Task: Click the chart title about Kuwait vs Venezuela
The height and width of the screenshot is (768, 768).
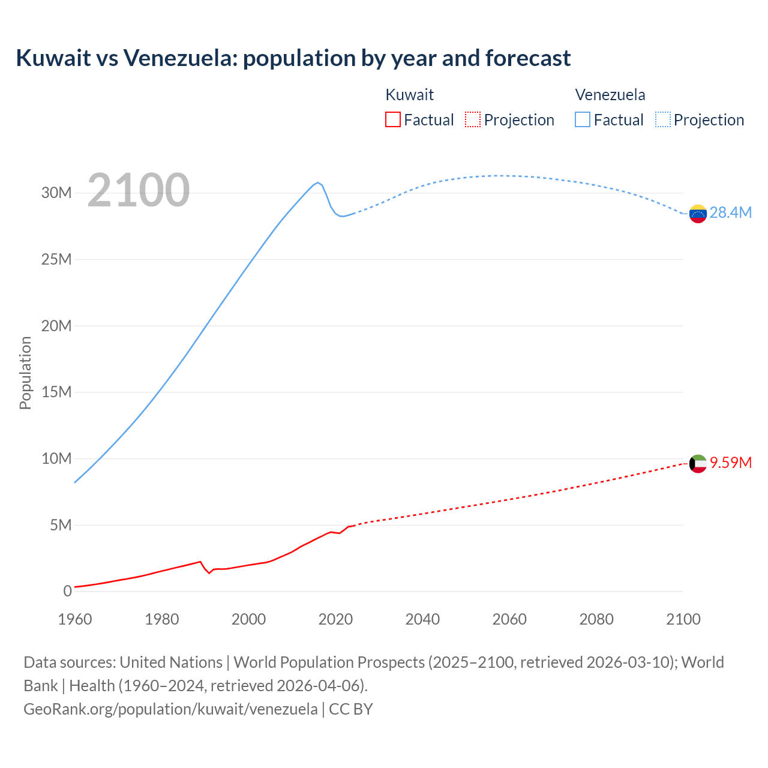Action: click(293, 58)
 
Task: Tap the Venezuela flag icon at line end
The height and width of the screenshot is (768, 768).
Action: click(698, 213)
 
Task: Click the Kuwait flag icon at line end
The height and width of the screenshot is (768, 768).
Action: click(698, 463)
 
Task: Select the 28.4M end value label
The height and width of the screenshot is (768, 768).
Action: click(730, 213)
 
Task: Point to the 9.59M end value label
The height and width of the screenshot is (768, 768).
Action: click(730, 463)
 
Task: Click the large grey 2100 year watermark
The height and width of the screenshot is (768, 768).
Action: click(139, 190)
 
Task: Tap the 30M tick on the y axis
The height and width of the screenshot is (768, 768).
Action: click(56, 193)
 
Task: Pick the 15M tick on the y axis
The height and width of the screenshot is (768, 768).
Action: click(56, 392)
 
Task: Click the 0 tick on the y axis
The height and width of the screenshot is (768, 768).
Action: click(67, 592)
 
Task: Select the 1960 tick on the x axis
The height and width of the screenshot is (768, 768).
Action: click(75, 619)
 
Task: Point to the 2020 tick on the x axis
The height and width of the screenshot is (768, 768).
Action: click(335, 619)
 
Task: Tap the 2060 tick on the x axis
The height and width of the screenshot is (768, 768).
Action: click(509, 619)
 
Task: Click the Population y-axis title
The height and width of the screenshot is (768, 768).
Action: click(25, 373)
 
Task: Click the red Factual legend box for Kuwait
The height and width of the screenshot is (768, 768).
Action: click(392, 119)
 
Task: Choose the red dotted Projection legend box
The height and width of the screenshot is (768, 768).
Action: click(473, 119)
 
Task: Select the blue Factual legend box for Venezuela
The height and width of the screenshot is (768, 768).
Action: click(583, 119)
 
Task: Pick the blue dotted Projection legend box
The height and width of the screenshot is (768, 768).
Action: click(663, 119)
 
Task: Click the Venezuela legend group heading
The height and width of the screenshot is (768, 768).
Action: click(610, 95)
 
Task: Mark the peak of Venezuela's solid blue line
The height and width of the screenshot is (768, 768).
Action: click(318, 182)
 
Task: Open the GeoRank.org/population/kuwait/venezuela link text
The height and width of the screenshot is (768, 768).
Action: click(170, 709)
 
